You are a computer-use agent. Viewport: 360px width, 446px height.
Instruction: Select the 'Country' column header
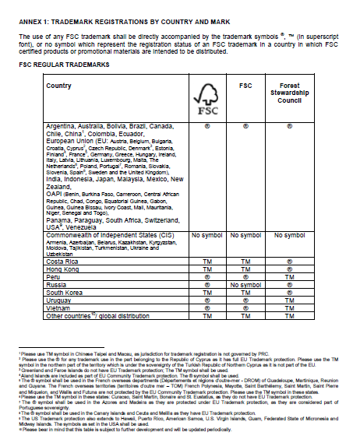(x=58, y=86)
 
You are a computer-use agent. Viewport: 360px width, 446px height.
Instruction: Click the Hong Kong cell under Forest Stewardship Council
(x=289, y=270)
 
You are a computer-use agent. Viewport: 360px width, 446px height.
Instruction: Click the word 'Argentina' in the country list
(x=63, y=125)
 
